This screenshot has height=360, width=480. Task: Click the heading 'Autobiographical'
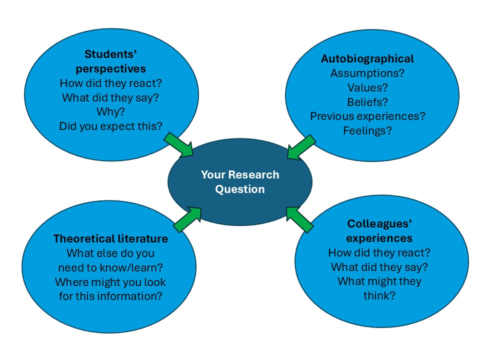point(367,58)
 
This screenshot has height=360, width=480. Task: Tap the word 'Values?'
point(367,87)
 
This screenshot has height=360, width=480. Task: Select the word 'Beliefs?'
point(367,102)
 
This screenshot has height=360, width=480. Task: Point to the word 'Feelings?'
point(367,130)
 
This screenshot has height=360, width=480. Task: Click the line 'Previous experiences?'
point(367,116)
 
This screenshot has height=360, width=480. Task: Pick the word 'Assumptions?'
point(367,73)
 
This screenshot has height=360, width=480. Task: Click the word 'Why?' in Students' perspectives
point(110,111)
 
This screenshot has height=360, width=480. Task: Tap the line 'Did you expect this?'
point(110,126)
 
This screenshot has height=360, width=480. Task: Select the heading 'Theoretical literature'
point(110,238)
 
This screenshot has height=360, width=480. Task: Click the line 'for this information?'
point(110,296)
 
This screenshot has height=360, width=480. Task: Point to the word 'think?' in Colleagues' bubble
point(379,295)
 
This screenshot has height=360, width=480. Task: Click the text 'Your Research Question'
point(240,182)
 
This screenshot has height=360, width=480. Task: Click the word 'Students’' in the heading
point(110,54)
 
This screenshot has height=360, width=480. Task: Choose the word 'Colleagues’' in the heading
point(379,223)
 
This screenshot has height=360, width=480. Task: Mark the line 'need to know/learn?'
point(110,267)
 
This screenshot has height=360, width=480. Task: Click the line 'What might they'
point(379,281)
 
